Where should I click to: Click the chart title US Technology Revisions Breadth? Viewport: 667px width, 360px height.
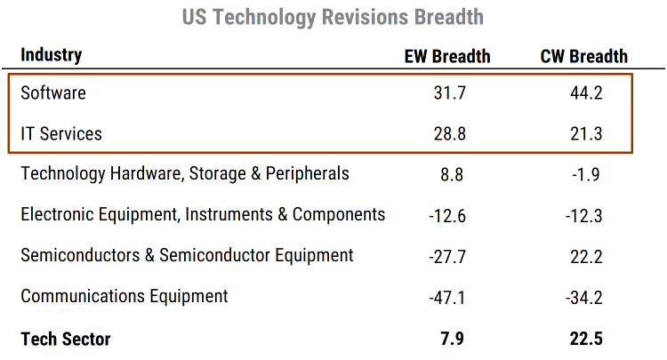[x=333, y=17]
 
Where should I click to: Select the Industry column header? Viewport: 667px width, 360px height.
[x=52, y=55]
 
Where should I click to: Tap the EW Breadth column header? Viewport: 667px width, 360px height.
[x=446, y=56]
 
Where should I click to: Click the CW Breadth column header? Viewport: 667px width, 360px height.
[x=584, y=56]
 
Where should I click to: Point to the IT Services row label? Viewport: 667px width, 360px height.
[x=61, y=133]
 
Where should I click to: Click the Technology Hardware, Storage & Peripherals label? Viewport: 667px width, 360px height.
[x=185, y=173]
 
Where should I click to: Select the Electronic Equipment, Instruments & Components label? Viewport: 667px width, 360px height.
[x=203, y=214]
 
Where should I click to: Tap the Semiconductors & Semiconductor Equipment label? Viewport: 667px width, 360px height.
[x=187, y=255]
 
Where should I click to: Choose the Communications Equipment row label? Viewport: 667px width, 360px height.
[x=125, y=296]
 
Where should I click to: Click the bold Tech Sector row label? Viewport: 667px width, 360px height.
[x=66, y=338]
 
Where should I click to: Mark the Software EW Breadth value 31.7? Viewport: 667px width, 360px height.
[x=446, y=92]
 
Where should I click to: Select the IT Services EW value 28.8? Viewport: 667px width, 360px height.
[x=446, y=133]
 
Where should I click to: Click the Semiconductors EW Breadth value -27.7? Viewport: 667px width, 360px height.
[x=446, y=256]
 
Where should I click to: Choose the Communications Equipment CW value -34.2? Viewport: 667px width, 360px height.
[x=584, y=297]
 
